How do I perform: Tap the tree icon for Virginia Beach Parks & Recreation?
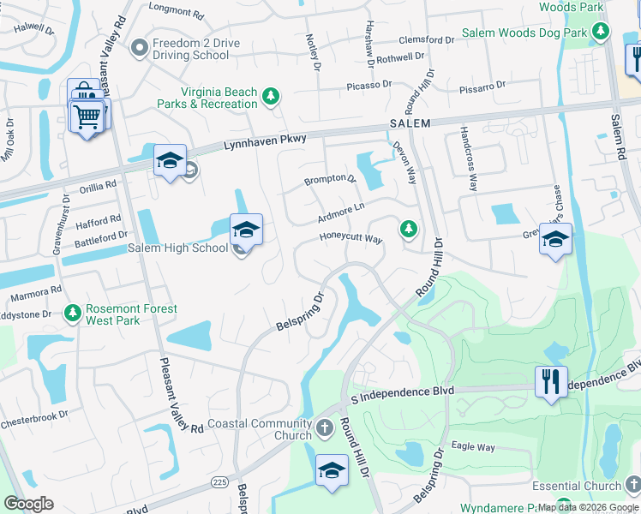click(x=271, y=97)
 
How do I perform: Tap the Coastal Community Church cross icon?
click(x=324, y=427)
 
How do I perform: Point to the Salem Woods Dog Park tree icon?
click(x=602, y=33)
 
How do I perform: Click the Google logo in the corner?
click(x=28, y=504)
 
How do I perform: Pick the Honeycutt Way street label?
click(x=350, y=239)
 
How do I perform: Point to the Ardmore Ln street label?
click(x=341, y=207)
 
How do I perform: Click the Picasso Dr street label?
click(x=368, y=85)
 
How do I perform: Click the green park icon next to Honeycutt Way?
click(x=409, y=229)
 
